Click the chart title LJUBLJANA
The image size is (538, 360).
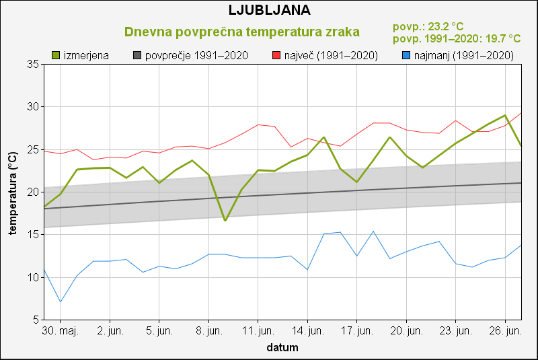point(269,10)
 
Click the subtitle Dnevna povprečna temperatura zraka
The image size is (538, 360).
point(242,32)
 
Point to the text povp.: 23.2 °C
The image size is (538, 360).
point(428,27)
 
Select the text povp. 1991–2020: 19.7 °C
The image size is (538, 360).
point(457,39)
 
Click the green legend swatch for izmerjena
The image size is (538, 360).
point(56,55)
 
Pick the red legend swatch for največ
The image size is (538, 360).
point(276,55)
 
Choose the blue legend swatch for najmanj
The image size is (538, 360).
point(406,55)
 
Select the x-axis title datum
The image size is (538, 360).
point(282,348)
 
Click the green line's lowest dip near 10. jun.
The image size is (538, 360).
point(225,220)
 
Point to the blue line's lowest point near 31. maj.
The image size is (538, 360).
point(60,301)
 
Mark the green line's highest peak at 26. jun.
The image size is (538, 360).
point(506,115)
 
